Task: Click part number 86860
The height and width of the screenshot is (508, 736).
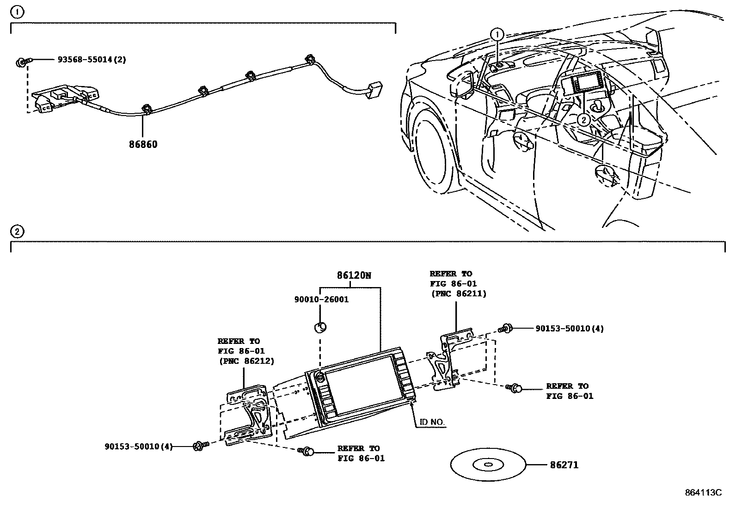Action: (143, 144)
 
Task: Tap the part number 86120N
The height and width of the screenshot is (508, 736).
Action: (354, 275)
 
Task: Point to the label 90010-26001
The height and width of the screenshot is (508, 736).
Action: (321, 300)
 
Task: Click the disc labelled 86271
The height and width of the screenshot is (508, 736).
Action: (488, 465)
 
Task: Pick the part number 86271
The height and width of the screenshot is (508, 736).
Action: (564, 465)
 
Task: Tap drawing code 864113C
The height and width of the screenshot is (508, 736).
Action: (703, 492)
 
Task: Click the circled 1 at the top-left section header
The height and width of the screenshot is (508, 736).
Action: (17, 12)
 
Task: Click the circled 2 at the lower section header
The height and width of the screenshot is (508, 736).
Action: (17, 231)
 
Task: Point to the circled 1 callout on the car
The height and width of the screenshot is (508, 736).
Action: (497, 34)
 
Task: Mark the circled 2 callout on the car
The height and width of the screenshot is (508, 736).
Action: (584, 120)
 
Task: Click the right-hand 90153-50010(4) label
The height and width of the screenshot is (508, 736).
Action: (570, 329)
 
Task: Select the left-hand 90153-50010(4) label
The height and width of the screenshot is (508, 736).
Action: (138, 447)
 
